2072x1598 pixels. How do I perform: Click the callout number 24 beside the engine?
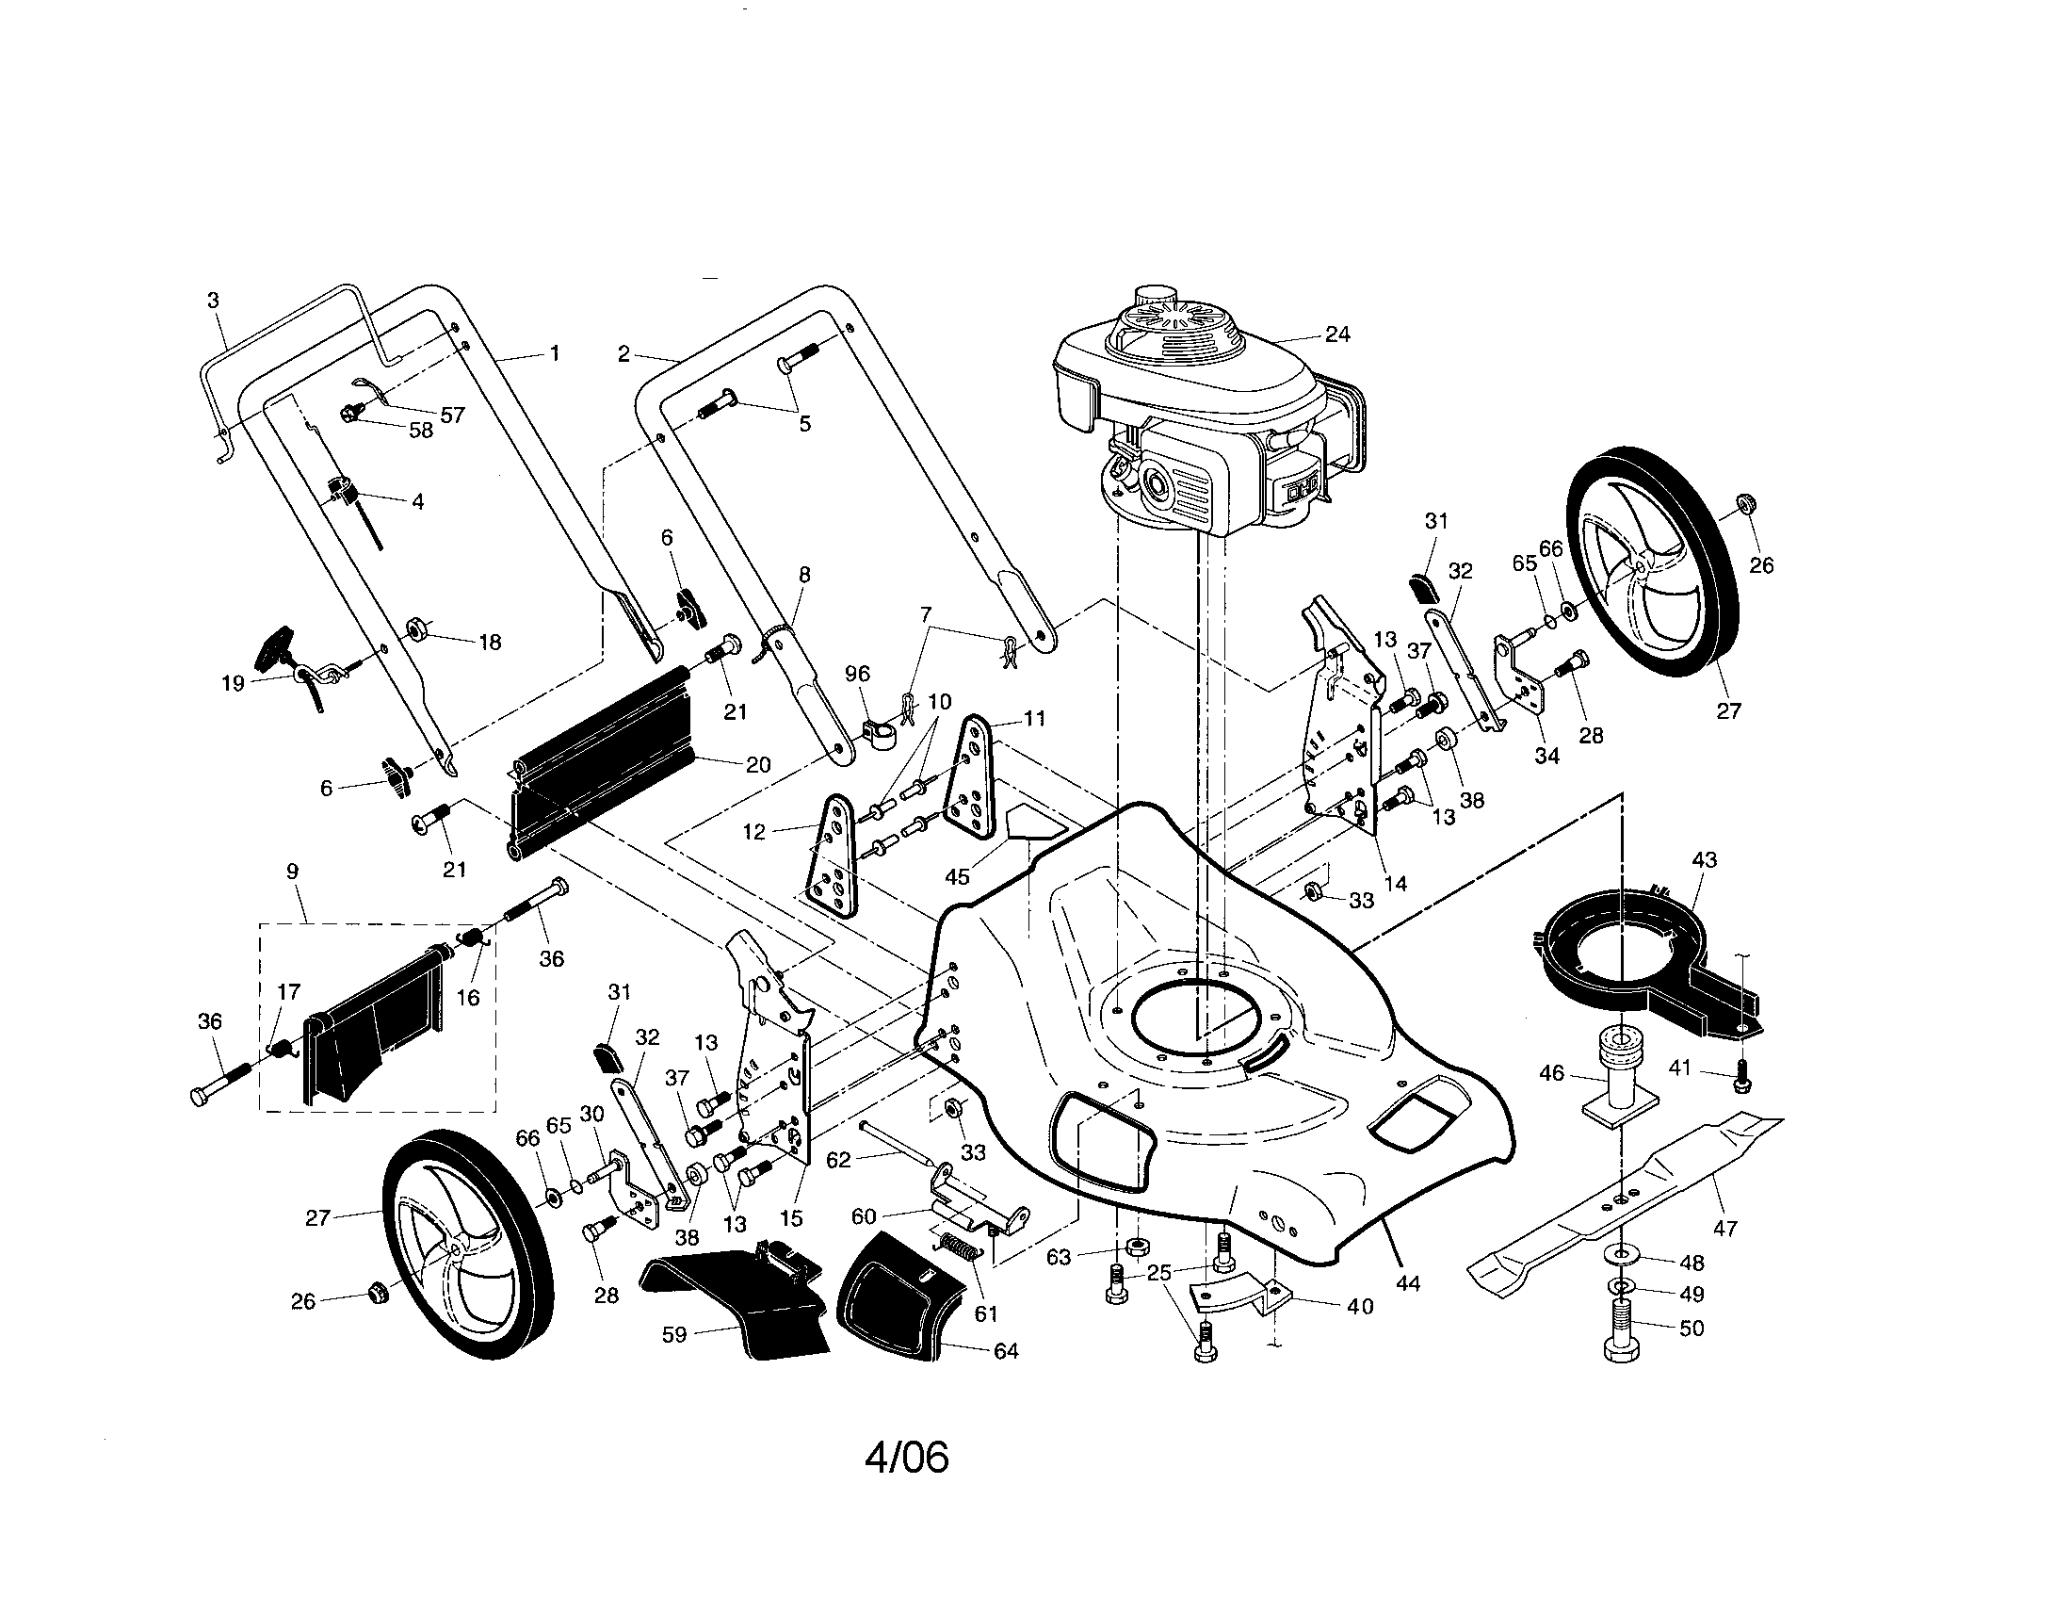1337,334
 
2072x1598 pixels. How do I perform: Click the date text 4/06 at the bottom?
906,1458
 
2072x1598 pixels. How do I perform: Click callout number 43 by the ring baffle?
1704,859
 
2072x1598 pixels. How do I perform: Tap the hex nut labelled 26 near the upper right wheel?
1743,502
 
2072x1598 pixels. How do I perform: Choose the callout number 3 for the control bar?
213,301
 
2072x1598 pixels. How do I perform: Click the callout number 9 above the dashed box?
292,872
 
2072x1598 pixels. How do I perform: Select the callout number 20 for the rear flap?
758,764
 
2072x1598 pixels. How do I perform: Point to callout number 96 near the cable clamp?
857,674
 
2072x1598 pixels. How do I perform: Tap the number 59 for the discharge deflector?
673,1334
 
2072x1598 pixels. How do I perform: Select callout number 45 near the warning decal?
957,876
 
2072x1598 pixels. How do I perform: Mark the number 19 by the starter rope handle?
233,683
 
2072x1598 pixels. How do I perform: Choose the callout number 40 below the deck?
1359,1307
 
